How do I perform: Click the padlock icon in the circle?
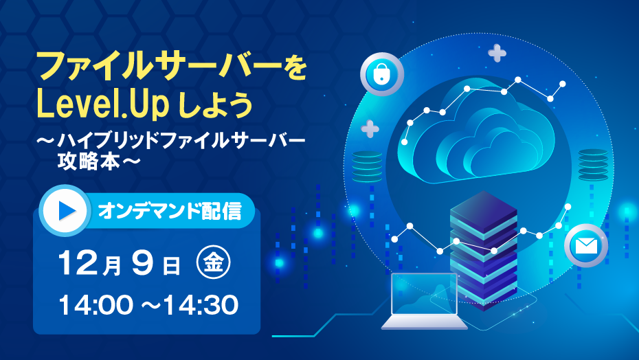[381, 74]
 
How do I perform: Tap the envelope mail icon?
[586, 245]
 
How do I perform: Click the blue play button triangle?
[67, 210]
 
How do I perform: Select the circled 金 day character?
[213, 262]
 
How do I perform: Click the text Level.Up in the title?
[102, 105]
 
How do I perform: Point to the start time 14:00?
[96, 305]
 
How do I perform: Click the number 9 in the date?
[143, 263]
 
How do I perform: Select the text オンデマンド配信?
[170, 211]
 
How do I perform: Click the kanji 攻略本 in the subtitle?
[89, 161]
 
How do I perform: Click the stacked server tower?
[483, 251]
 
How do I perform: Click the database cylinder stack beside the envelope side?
[593, 164]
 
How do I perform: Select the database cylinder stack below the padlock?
[367, 167]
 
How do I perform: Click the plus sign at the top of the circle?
[497, 53]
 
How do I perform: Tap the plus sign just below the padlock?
[370, 129]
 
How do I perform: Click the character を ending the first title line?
[294, 67]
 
